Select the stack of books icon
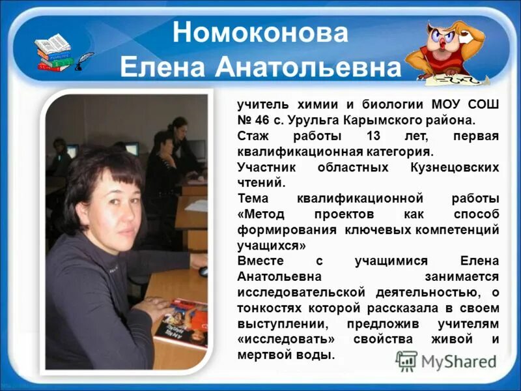(53, 52)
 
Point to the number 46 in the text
(265, 121)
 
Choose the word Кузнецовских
(460, 168)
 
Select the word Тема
(251, 199)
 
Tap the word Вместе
(259, 262)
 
